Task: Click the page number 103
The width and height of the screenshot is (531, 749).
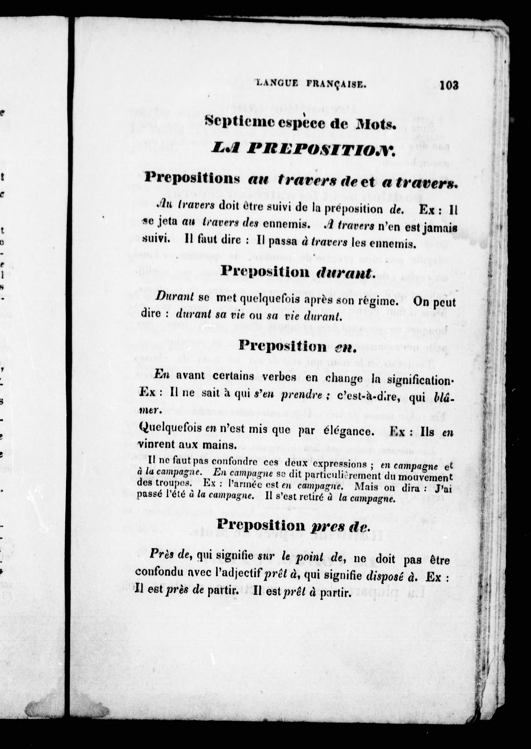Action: coord(449,86)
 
